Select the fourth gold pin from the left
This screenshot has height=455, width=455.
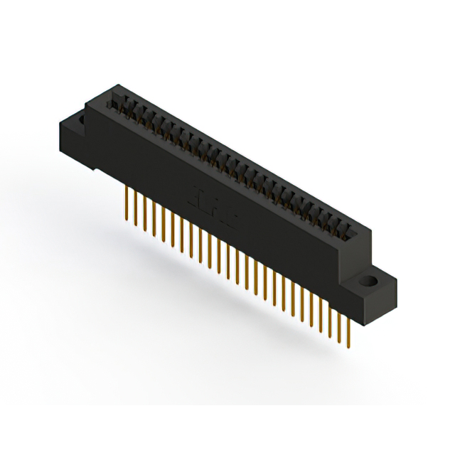154,219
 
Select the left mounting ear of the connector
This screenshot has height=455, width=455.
74,132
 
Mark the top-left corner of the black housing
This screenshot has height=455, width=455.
87,105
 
